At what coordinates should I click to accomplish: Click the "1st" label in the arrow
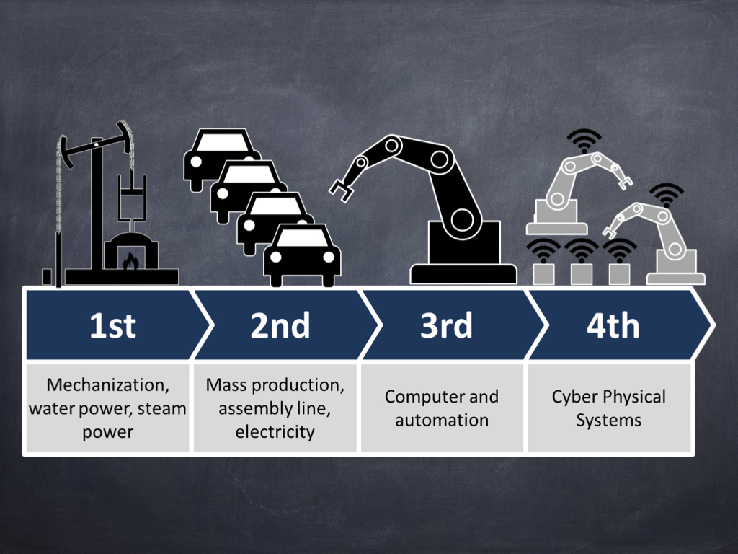pos(112,325)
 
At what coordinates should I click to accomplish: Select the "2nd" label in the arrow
pos(280,325)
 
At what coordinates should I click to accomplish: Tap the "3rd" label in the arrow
pos(446,325)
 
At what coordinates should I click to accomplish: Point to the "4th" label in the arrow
pos(613,325)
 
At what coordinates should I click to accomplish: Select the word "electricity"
pos(275,432)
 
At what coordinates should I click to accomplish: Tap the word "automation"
pos(442,421)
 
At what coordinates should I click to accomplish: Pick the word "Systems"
pos(608,421)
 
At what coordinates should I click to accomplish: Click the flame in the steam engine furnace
pos(130,260)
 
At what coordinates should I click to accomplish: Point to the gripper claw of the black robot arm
pos(341,190)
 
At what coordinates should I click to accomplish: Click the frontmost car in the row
pos(302,255)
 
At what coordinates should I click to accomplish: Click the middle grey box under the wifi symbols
pos(582,274)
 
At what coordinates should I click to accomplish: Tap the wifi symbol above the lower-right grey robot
pos(666,195)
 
